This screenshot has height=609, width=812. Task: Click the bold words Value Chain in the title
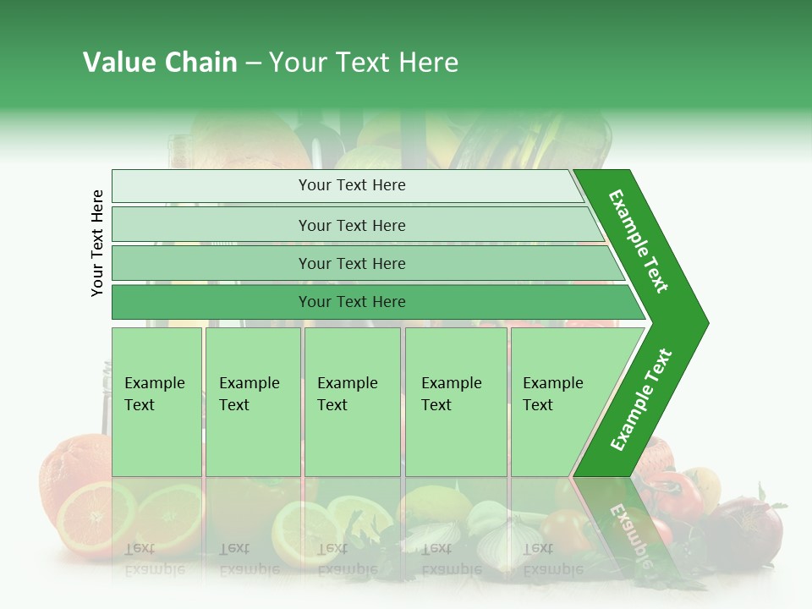[x=160, y=63]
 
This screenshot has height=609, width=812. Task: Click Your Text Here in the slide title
[x=364, y=63]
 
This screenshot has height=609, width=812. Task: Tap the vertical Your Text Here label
[x=97, y=243]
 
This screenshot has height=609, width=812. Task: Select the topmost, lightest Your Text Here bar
[x=351, y=185]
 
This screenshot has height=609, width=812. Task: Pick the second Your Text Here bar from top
[x=351, y=225]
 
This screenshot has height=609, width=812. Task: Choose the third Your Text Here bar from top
[x=351, y=263]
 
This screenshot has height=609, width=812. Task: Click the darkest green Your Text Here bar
[x=351, y=302]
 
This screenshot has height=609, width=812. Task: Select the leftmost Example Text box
[x=156, y=402]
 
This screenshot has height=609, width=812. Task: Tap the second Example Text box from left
[x=252, y=402]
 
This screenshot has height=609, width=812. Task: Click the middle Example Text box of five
[x=351, y=402]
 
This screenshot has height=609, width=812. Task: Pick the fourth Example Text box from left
[x=455, y=402]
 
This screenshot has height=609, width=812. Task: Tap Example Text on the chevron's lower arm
[x=641, y=400]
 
